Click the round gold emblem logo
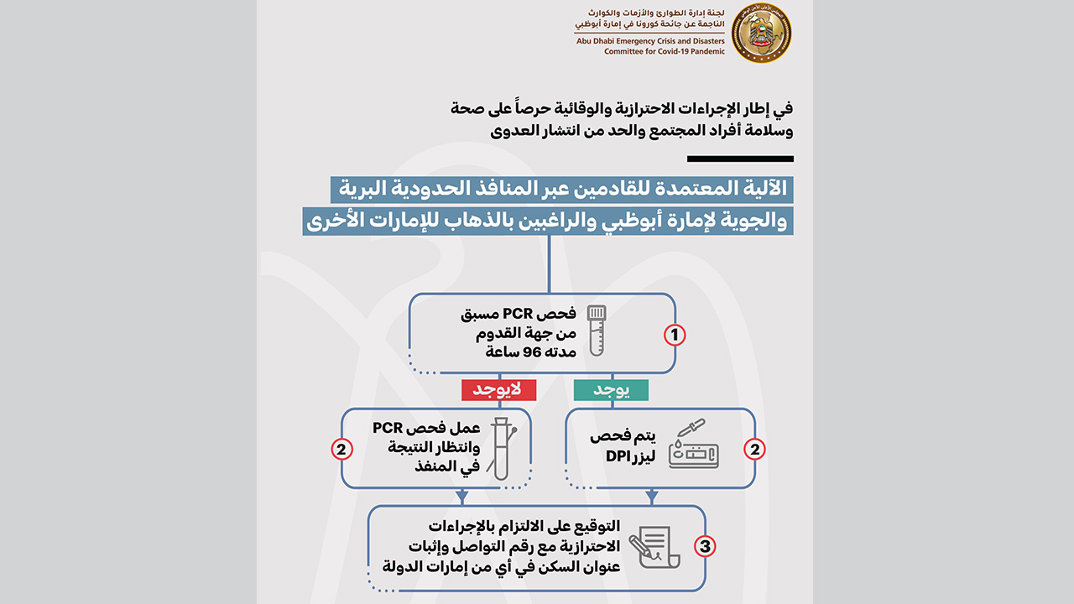point(761,34)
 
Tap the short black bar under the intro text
point(739,159)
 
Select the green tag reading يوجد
point(611,390)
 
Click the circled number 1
point(675,336)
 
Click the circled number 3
point(706,546)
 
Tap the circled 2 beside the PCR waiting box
point(342,450)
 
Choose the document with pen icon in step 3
point(660,546)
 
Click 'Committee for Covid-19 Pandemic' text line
point(659,52)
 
